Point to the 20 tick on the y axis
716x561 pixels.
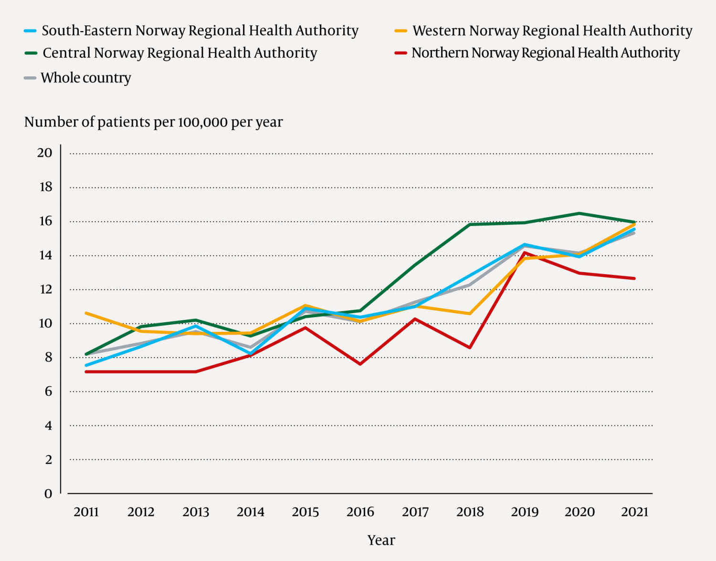click(45, 153)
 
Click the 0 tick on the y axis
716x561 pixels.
click(48, 494)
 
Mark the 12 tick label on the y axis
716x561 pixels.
click(45, 289)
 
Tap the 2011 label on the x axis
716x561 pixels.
click(86, 512)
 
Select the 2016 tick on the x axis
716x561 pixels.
click(360, 512)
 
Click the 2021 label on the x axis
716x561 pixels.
click(634, 512)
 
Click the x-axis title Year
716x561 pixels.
click(381, 540)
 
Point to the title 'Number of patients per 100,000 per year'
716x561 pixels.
click(153, 122)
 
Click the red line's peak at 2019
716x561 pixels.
click(525, 253)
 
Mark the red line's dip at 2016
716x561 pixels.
click(360, 364)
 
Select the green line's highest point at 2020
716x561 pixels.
click(579, 213)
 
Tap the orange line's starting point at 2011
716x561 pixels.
click(86, 313)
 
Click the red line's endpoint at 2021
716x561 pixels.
click(634, 278)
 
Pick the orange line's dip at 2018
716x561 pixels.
click(470, 314)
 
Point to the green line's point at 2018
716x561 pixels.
click(470, 224)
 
